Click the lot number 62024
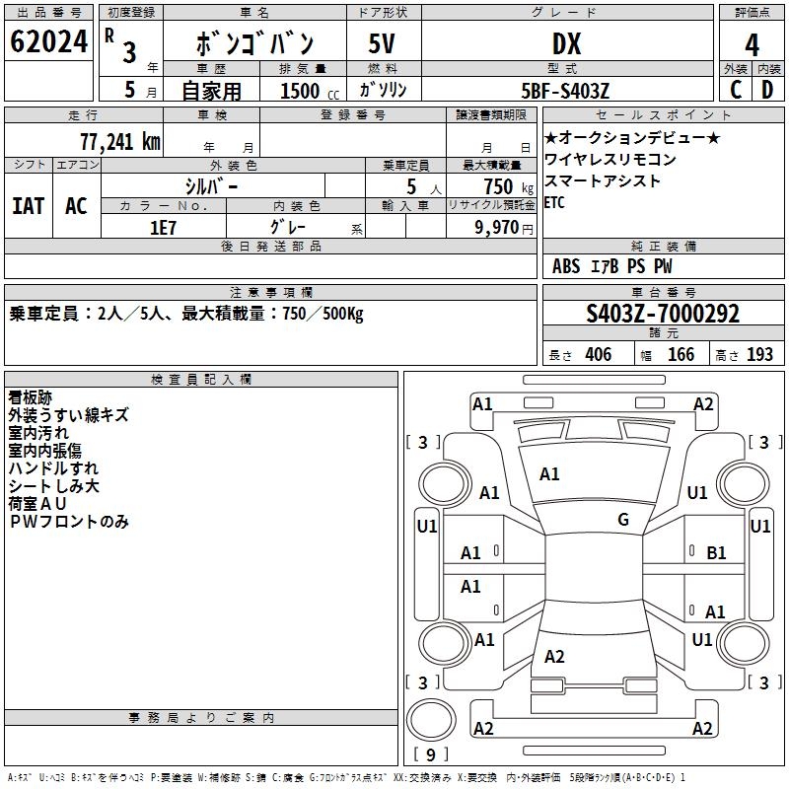pyautogui.click(x=48, y=42)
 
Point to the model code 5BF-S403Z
pyautogui.click(x=565, y=91)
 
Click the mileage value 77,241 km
pyautogui.click(x=119, y=141)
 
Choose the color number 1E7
pyautogui.click(x=163, y=227)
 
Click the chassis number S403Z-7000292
pyautogui.click(x=663, y=314)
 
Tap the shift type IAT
pyautogui.click(x=28, y=205)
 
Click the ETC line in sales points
pyautogui.click(x=555, y=202)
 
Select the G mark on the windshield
pyautogui.click(x=623, y=520)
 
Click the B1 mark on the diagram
pyautogui.click(x=716, y=553)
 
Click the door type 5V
pyautogui.click(x=384, y=43)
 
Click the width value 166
pyautogui.click(x=681, y=354)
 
